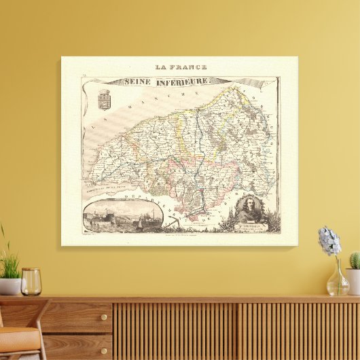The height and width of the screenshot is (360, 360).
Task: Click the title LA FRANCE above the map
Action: tap(181, 67)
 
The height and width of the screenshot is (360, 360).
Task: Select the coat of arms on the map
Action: tap(105, 98)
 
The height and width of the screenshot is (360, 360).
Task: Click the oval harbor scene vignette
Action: tap(123, 215)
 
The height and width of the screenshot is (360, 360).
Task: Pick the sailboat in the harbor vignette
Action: tap(140, 222)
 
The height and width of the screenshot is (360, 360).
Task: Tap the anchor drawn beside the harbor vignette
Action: tap(170, 221)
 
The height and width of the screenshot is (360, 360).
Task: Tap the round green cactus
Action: tap(354, 260)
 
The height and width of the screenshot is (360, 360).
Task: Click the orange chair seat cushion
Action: tap(16, 336)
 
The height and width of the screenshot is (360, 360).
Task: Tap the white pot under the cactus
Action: tap(353, 281)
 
